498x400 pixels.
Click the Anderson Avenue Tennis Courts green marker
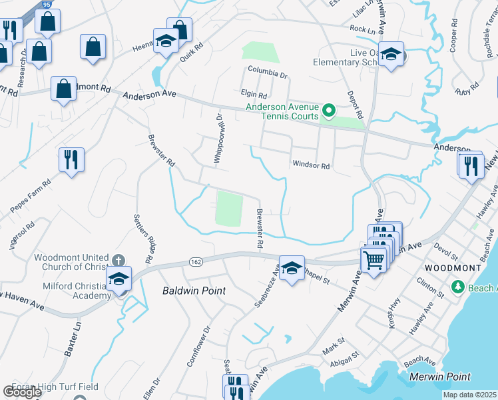coord(328,109)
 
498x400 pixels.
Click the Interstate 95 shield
coord(45,4)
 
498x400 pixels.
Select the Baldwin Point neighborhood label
coord(194,291)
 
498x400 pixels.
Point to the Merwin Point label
coord(439,377)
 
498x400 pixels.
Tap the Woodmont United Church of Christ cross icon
coord(118,260)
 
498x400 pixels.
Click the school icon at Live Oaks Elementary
coord(391,55)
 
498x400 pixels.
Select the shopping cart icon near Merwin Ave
coord(373,259)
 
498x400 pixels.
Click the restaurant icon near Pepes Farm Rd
coord(71,160)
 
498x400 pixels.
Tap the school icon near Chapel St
coord(292,269)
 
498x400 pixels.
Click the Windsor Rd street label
coord(310,165)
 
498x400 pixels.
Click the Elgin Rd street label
coord(254,95)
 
